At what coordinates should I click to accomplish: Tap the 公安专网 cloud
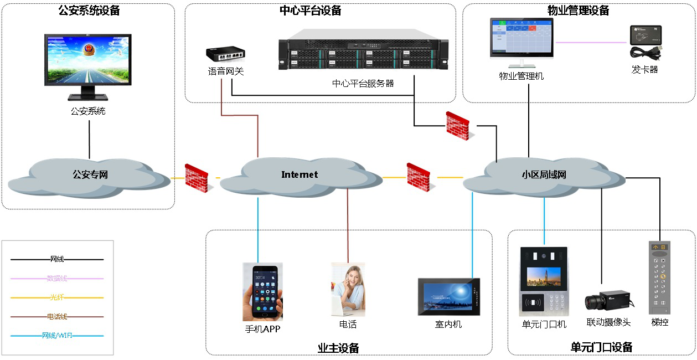pyautogui.click(x=90, y=176)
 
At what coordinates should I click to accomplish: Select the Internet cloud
pyautogui.click(x=300, y=176)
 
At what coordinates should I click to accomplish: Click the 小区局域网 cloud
pyautogui.click(x=544, y=176)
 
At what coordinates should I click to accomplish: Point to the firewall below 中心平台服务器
pyautogui.click(x=458, y=126)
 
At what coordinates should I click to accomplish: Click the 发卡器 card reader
pyautogui.click(x=646, y=43)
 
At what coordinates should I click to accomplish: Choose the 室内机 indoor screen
pyautogui.click(x=448, y=297)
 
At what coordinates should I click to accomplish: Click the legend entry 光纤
pyautogui.click(x=57, y=298)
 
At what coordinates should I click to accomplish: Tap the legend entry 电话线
pyautogui.click(x=57, y=317)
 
